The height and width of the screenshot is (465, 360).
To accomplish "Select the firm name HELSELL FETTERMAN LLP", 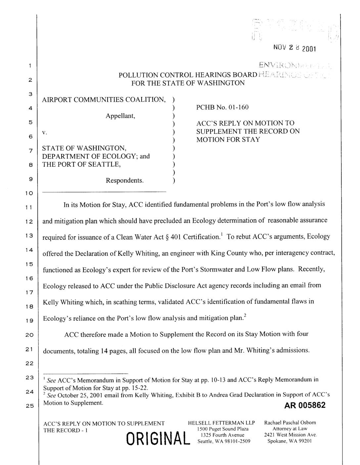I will [221, 423].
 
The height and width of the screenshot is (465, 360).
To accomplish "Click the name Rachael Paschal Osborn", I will [290, 423].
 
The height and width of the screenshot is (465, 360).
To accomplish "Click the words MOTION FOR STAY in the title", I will [228, 139].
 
